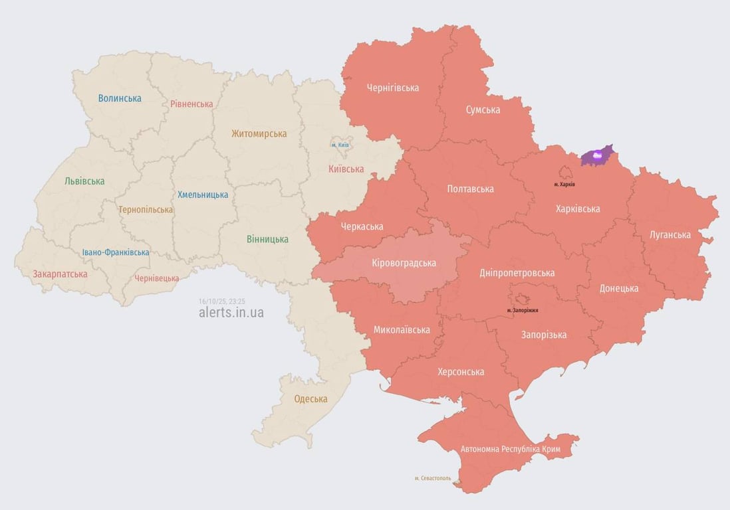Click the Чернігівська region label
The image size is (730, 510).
click(x=392, y=88)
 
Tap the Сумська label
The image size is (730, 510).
click(x=483, y=110)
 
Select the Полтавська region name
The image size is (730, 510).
click(x=470, y=189)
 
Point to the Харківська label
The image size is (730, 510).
click(x=577, y=209)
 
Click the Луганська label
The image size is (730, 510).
click(x=670, y=235)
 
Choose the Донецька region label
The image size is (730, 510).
click(x=618, y=288)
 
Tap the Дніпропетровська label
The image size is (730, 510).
click(x=517, y=273)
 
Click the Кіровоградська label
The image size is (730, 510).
click(x=404, y=263)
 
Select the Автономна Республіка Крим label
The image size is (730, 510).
click(x=510, y=450)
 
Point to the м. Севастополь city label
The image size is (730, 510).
click(x=432, y=478)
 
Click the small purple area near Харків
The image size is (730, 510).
click(x=596, y=156)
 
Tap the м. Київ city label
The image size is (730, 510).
click(x=340, y=145)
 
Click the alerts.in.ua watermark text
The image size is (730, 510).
click(x=231, y=312)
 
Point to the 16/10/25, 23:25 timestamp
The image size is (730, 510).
click(x=221, y=301)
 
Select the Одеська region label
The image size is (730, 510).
click(x=310, y=399)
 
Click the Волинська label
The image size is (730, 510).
click(x=120, y=98)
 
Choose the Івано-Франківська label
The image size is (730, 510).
click(x=116, y=252)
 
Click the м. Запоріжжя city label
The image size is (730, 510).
click(x=523, y=310)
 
